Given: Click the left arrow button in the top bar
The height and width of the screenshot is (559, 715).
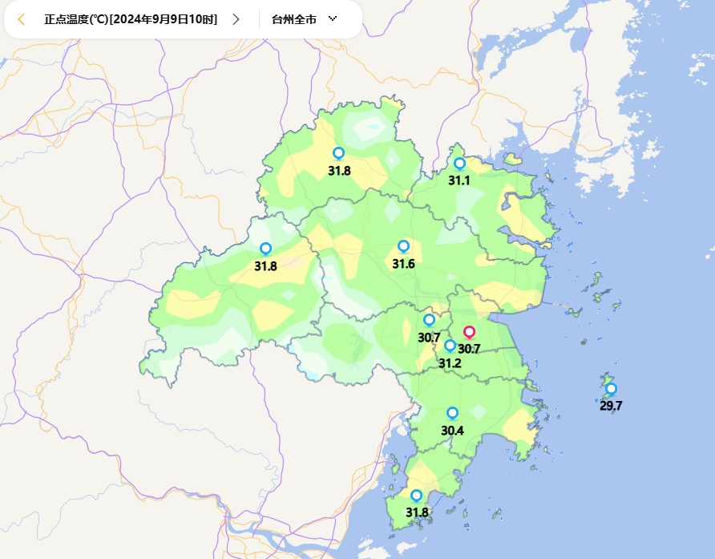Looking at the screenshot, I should [x=22, y=19].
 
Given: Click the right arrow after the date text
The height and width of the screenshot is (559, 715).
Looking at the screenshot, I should [x=236, y=19].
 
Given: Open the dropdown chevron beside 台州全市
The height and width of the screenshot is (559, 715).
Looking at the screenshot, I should [x=333, y=18].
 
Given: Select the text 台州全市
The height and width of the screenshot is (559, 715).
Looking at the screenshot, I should [x=294, y=19].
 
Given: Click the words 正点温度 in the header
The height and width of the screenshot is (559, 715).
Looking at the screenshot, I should [x=67, y=19].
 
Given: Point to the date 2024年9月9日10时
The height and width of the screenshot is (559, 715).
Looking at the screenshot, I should [x=164, y=19].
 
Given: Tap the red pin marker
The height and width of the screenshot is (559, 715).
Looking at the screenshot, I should [x=470, y=332].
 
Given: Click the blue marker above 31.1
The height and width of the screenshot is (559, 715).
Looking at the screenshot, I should [x=459, y=164].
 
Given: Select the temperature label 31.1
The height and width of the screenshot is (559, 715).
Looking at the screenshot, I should [x=459, y=181].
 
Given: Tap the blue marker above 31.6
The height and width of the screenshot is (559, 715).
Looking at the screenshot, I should [x=403, y=246].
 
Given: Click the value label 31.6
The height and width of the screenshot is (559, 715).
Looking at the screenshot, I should [x=403, y=264].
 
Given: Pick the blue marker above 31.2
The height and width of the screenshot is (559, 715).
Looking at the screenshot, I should [x=450, y=346].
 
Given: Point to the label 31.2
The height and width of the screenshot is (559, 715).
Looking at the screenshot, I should [x=450, y=363].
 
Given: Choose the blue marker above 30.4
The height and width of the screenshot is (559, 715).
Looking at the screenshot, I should [x=452, y=413].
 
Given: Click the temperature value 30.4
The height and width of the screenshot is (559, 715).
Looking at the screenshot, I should [x=452, y=431].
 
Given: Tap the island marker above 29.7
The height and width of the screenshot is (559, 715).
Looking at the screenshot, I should [x=611, y=389].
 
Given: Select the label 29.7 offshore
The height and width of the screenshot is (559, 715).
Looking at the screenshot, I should [x=611, y=406].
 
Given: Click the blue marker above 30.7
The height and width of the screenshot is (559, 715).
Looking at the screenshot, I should [x=429, y=320].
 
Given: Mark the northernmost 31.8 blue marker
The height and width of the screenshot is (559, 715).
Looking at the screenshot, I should [x=338, y=153].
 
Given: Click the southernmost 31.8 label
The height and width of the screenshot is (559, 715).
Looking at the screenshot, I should [x=417, y=512].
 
